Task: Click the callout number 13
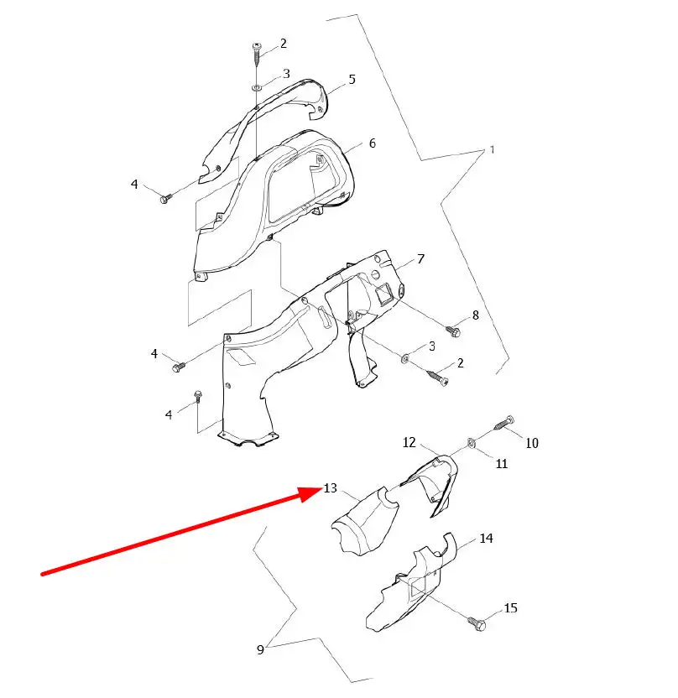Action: pyautogui.click(x=331, y=488)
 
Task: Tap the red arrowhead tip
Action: pyautogui.click(x=322, y=489)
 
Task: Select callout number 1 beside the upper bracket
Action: pyautogui.click(x=492, y=149)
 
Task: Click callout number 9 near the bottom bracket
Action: pyautogui.click(x=260, y=649)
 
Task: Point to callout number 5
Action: pyautogui.click(x=352, y=80)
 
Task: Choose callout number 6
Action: pyautogui.click(x=373, y=143)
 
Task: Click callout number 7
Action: pyautogui.click(x=420, y=259)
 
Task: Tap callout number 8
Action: pyautogui.click(x=476, y=315)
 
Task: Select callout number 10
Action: pyautogui.click(x=532, y=443)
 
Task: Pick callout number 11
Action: pyautogui.click(x=502, y=464)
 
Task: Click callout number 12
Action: pyautogui.click(x=409, y=442)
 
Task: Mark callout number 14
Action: pyautogui.click(x=486, y=539)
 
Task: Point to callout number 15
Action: pyautogui.click(x=511, y=608)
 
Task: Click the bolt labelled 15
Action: pyautogui.click(x=477, y=622)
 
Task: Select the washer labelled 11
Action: pyautogui.click(x=471, y=443)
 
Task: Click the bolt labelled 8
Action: pyautogui.click(x=453, y=331)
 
